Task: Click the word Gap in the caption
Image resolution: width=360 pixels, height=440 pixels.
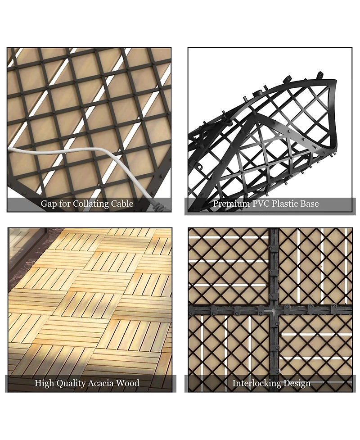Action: (49, 204)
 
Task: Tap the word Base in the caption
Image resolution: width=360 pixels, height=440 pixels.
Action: (310, 204)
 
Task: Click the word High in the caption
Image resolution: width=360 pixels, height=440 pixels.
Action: (45, 384)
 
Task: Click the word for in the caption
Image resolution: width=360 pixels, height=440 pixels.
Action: (65, 204)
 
